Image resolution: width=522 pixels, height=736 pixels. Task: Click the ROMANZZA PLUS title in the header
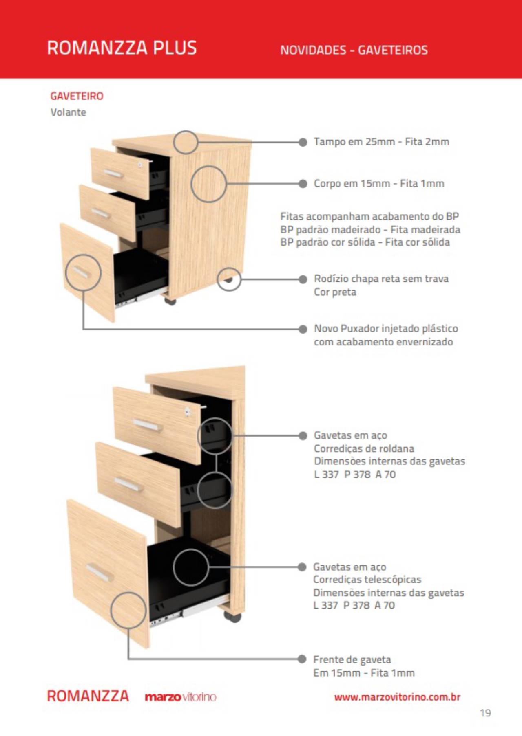pyautogui.click(x=122, y=48)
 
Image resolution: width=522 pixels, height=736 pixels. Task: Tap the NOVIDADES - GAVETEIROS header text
pyautogui.click(x=354, y=50)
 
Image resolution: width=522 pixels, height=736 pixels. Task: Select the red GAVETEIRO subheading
pyautogui.click(x=77, y=96)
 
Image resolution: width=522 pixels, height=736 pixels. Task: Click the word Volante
pyautogui.click(x=68, y=112)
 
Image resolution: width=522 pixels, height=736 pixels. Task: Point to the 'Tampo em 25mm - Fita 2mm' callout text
pyautogui.click(x=381, y=142)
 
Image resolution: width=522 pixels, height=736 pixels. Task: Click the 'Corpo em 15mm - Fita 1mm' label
pyautogui.click(x=379, y=183)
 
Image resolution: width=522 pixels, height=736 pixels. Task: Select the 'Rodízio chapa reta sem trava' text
pyautogui.click(x=381, y=279)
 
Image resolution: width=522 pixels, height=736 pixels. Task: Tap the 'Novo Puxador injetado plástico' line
pyautogui.click(x=386, y=328)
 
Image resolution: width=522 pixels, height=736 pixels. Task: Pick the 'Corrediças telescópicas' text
pyautogui.click(x=367, y=579)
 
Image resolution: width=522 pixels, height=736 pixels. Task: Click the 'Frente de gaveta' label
pyautogui.click(x=352, y=659)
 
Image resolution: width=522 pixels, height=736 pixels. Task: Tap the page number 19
pyautogui.click(x=485, y=713)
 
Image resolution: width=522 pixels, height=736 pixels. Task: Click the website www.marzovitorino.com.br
pyautogui.click(x=397, y=697)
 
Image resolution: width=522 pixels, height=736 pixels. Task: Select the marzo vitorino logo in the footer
pyautogui.click(x=180, y=697)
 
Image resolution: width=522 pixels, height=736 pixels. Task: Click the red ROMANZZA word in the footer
pyautogui.click(x=88, y=696)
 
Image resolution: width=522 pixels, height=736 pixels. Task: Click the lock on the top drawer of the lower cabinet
pyautogui.click(x=187, y=411)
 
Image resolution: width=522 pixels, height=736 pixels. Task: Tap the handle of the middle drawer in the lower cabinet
pyautogui.click(x=128, y=485)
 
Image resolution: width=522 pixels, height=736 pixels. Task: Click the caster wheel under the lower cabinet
pyautogui.click(x=232, y=617)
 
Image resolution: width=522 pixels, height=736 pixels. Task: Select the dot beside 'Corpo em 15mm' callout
pyautogui.click(x=303, y=183)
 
